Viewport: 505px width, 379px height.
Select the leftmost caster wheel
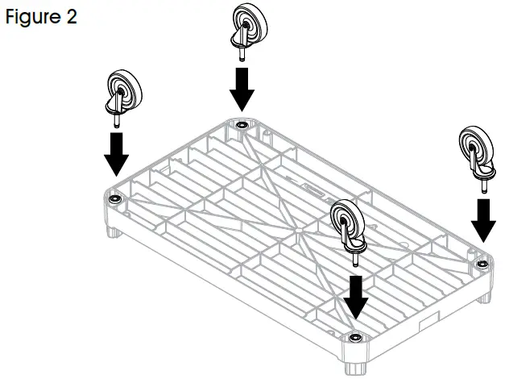121,90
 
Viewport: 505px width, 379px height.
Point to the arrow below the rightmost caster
484,219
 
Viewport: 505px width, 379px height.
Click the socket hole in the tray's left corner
115,198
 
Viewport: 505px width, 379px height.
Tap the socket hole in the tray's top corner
241,125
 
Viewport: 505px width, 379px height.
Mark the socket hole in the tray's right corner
481,263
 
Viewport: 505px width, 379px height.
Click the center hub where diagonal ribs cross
297,231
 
